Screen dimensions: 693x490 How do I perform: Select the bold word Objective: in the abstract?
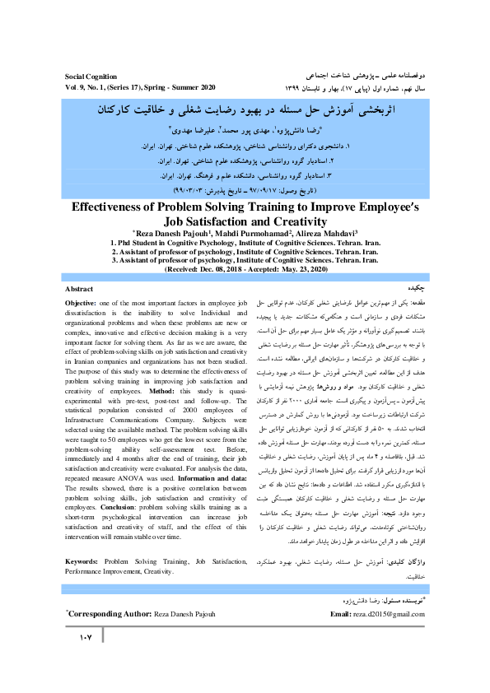pos(82,305)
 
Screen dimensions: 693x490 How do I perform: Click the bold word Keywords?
pos(85,561)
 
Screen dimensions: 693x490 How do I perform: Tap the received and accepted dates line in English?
pos(245,269)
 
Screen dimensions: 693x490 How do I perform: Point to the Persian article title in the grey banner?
pos(245,108)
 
